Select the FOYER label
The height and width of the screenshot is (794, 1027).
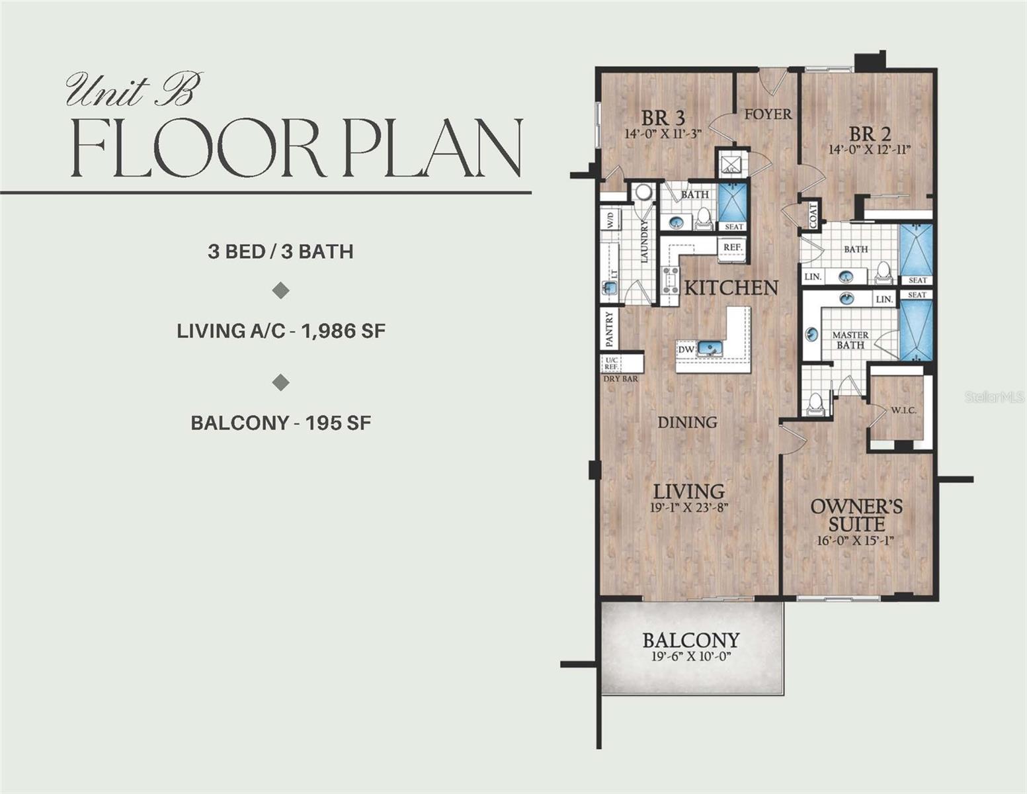(768, 114)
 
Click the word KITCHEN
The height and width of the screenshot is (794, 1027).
(731, 288)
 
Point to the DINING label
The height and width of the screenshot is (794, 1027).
(687, 422)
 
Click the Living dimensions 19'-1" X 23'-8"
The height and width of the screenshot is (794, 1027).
(689, 508)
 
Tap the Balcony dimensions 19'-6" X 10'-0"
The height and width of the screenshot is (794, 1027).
(691, 657)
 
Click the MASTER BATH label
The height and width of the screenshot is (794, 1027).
(850, 340)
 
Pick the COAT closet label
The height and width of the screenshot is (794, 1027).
(813, 214)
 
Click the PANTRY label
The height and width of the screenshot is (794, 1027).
(610, 330)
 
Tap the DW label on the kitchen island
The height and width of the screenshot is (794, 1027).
(686, 349)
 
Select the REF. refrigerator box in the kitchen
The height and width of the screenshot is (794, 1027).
(732, 247)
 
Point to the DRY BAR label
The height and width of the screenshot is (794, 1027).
(621, 379)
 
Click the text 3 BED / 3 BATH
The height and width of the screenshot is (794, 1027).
(280, 251)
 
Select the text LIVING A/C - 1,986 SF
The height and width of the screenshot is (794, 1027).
(280, 331)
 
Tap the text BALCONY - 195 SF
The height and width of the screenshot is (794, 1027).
(280, 423)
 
